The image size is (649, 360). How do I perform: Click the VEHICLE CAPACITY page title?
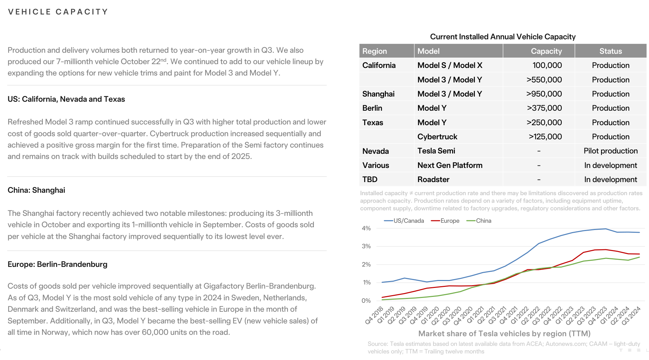(x=58, y=12)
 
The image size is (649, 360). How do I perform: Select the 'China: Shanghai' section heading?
(x=36, y=190)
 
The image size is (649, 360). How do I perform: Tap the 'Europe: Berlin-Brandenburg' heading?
(x=57, y=264)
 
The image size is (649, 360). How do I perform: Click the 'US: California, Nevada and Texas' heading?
(x=66, y=99)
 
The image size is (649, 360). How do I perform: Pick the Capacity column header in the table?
(x=546, y=51)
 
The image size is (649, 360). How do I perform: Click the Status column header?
(x=610, y=51)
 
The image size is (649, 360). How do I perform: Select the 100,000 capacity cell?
(x=547, y=66)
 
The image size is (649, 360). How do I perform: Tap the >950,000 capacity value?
(x=544, y=94)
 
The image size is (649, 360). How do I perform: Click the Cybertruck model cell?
(x=437, y=137)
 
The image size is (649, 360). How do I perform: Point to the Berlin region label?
(x=372, y=108)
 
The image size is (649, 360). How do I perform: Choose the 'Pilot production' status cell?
(x=610, y=151)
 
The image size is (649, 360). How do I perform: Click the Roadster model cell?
(x=433, y=180)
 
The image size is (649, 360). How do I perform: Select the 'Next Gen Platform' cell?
(x=450, y=166)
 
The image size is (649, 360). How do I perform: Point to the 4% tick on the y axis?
(x=366, y=228)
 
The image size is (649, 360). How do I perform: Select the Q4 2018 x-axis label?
(x=375, y=315)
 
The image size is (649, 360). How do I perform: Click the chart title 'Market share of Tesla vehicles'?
(x=504, y=334)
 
